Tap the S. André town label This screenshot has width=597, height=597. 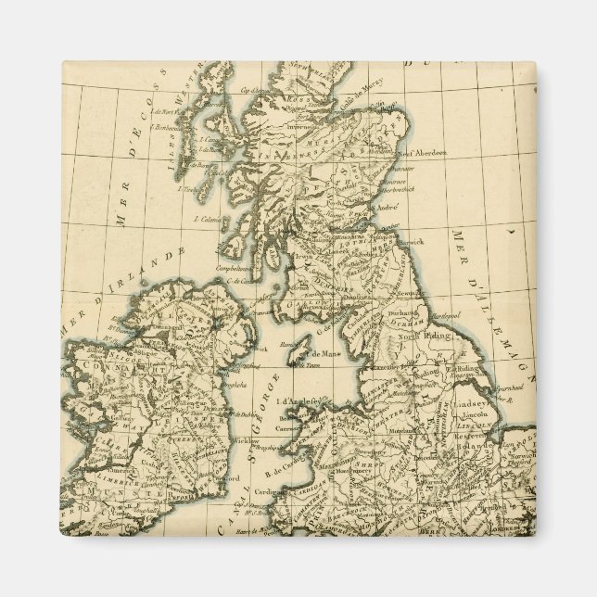click(x=387, y=208)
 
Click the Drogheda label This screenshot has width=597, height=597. click(x=229, y=381)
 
